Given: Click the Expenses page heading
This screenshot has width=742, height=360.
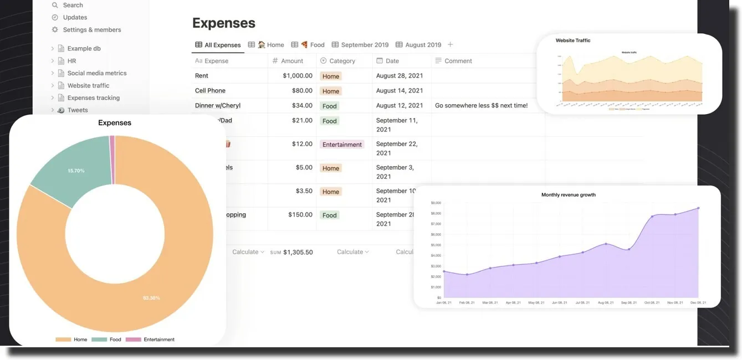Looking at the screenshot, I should [x=223, y=23].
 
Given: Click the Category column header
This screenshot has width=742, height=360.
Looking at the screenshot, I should [x=342, y=61].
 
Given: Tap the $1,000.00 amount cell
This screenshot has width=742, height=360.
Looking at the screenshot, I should [x=298, y=76].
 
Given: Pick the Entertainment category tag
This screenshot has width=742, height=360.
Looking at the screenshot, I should [x=342, y=145].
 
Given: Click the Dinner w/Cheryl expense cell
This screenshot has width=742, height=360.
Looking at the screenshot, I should [x=218, y=106].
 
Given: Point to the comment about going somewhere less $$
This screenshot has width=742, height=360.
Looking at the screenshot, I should [x=481, y=106].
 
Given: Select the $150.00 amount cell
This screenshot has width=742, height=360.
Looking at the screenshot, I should [x=300, y=215].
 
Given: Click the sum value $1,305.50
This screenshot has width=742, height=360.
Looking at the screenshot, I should [x=298, y=253].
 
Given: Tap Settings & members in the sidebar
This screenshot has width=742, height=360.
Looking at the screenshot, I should [x=91, y=30].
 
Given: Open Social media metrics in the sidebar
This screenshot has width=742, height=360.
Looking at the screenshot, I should [x=97, y=73].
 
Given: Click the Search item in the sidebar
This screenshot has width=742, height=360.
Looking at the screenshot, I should [x=73, y=5].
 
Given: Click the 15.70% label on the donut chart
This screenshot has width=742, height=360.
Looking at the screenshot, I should [x=76, y=171].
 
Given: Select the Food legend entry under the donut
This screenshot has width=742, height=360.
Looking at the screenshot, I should [x=115, y=340].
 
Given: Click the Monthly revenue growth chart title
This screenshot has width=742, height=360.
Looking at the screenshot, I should [x=568, y=195].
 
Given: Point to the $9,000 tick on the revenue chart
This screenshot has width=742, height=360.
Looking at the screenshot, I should [x=436, y=203].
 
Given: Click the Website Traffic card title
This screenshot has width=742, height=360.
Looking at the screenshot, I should [x=573, y=40].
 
